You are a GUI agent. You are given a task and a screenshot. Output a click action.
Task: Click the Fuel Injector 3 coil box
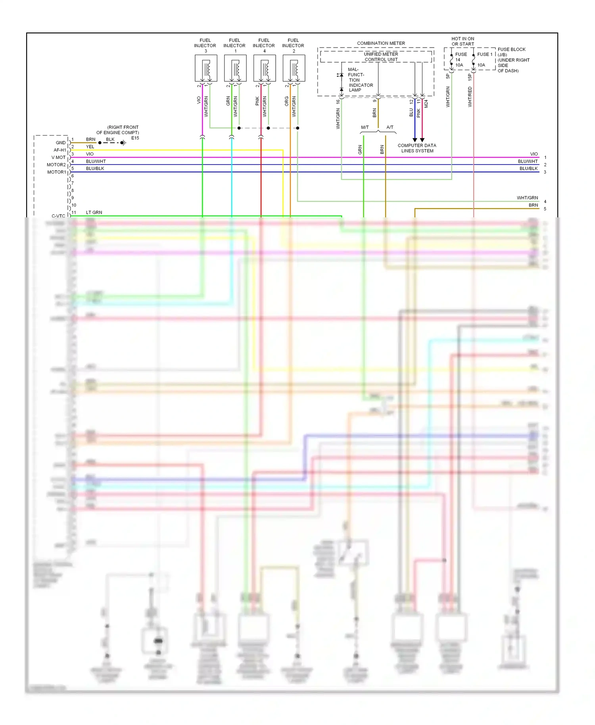coord(206,68)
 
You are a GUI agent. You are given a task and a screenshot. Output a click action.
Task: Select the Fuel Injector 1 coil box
coord(235,68)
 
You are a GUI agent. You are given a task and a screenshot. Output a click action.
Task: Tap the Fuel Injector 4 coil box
coord(265,68)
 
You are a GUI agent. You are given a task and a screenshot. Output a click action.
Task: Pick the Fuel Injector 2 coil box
coord(294,68)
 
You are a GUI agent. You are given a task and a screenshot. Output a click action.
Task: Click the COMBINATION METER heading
coord(381,43)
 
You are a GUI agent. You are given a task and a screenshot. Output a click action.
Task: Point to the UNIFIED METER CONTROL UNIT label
coord(381,57)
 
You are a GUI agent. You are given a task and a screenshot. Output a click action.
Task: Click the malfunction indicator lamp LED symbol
coord(341,75)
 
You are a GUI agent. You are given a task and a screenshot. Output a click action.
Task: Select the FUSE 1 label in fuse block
coord(484,54)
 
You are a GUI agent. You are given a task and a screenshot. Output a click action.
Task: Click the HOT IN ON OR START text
coord(463,41)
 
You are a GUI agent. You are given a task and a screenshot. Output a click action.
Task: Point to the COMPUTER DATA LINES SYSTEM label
coord(417,148)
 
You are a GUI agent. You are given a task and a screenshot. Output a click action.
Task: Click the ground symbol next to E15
coord(123,143)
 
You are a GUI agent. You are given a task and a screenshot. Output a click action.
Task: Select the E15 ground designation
coord(135,138)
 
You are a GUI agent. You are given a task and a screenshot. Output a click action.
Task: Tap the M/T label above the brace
coord(365,127)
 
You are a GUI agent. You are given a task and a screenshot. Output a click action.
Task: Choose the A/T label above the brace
coord(390,127)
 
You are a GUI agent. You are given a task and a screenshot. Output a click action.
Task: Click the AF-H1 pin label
coord(60,150)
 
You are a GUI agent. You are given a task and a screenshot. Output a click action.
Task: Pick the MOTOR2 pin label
coord(56,165)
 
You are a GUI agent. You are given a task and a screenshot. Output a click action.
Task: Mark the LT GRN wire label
coord(94,213)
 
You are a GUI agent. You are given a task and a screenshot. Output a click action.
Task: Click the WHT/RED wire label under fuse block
coord(470,97)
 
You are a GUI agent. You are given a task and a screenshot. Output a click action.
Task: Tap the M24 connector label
coord(426,104)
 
